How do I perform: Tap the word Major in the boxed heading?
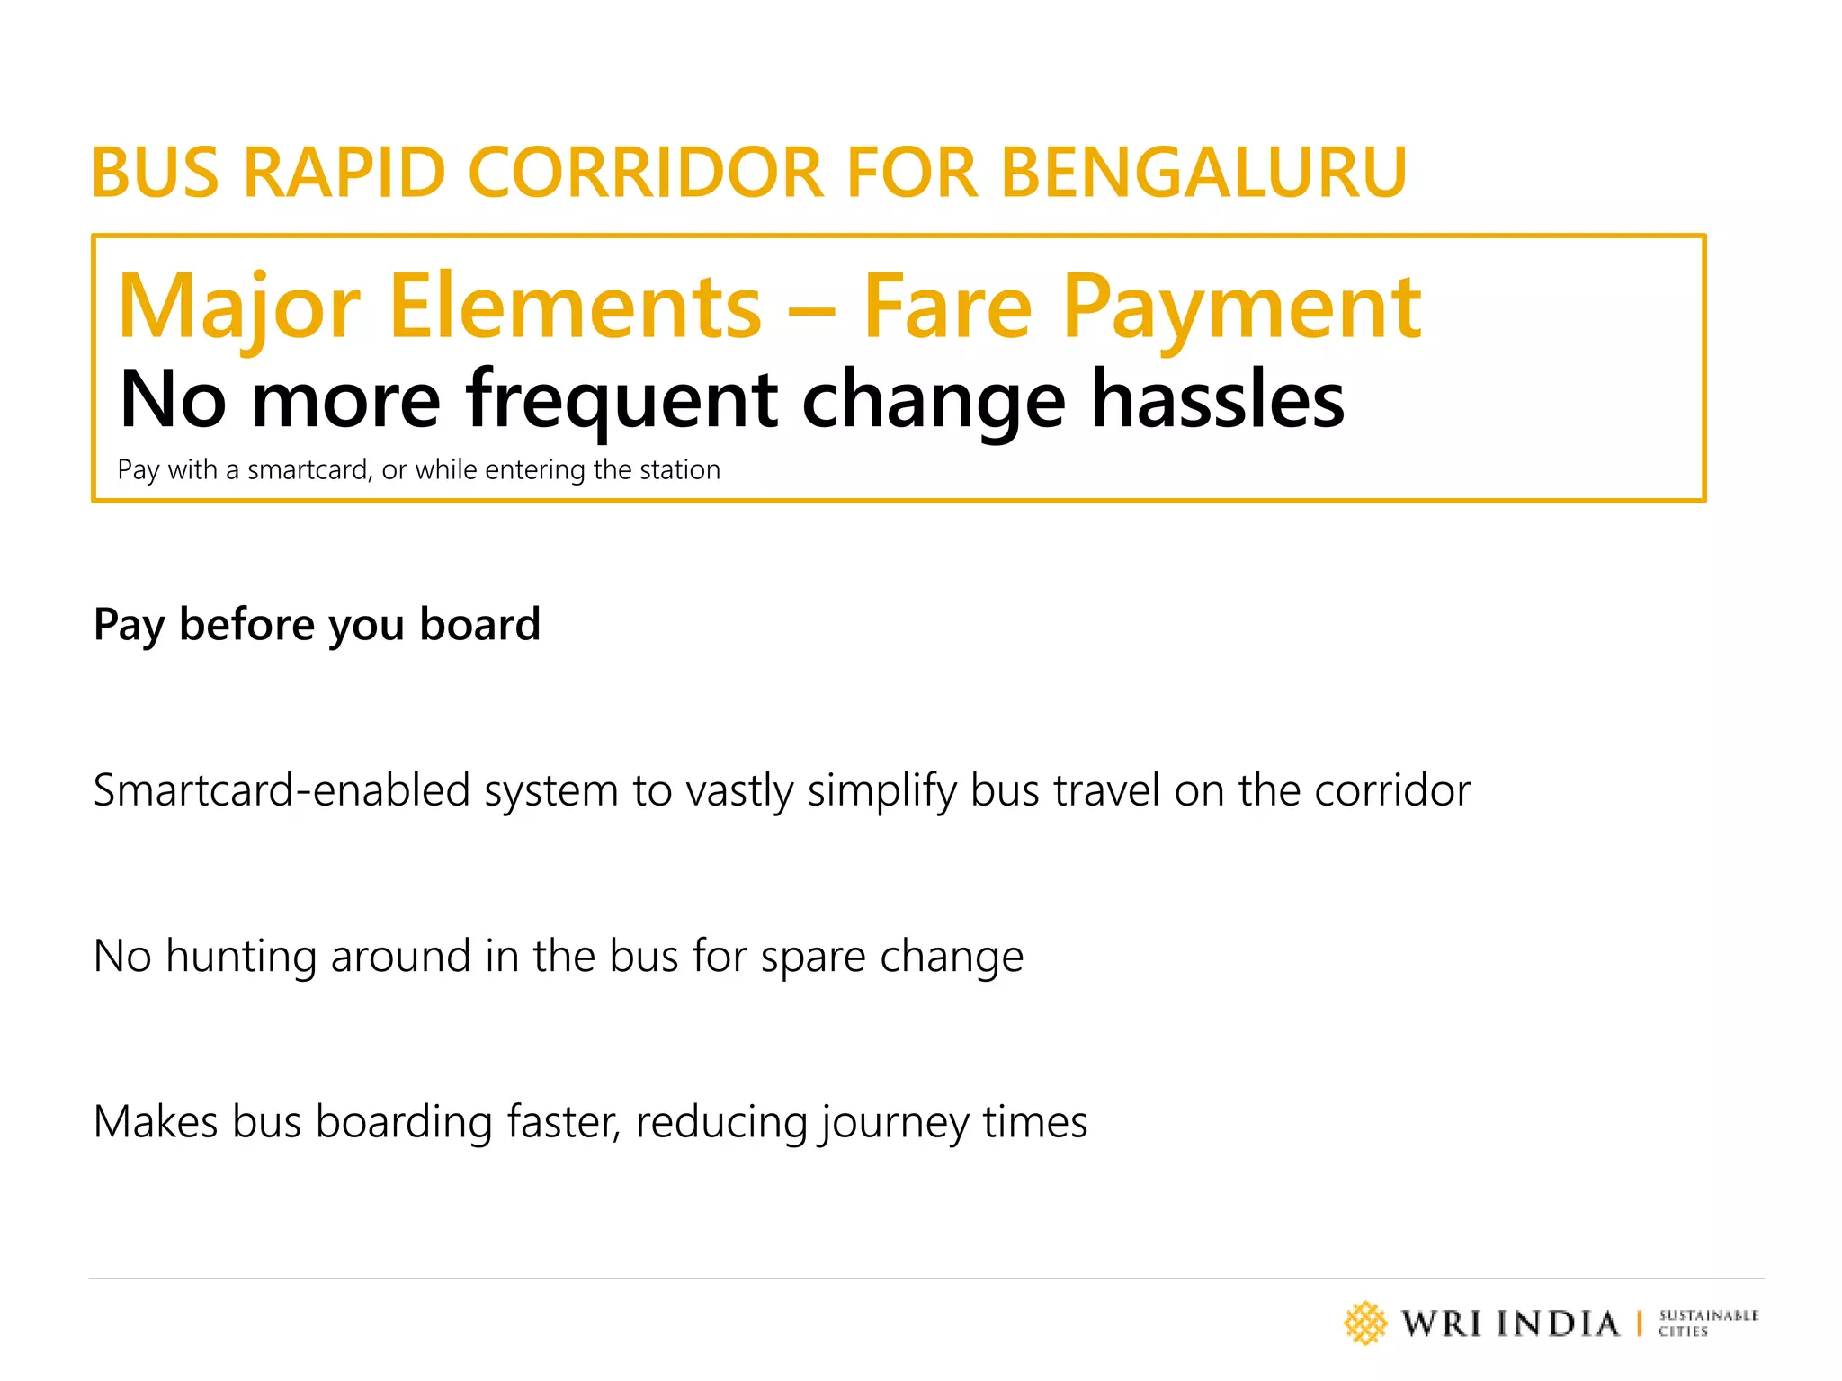pyautogui.click(x=239, y=307)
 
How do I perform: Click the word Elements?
pyautogui.click(x=576, y=307)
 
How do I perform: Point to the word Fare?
pyautogui.click(x=948, y=307)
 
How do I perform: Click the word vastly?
pyautogui.click(x=739, y=792)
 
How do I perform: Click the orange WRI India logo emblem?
pyautogui.click(x=1365, y=1323)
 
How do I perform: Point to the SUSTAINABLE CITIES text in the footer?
pyautogui.click(x=1708, y=1323)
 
